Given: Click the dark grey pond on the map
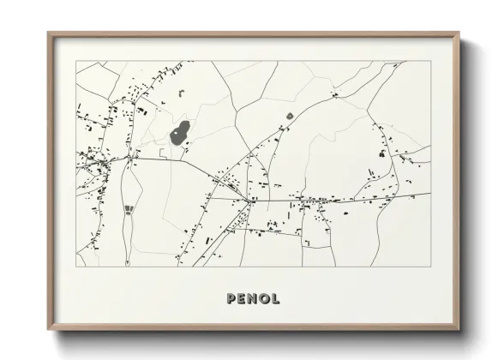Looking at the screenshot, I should (x=179, y=133).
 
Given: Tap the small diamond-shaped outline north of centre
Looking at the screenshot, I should (x=290, y=115).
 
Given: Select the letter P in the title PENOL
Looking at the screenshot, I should (x=231, y=299).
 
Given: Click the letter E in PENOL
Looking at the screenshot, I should (x=243, y=299).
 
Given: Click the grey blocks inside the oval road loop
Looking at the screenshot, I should (x=129, y=210).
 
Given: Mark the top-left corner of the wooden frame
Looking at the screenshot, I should (x=48, y=33).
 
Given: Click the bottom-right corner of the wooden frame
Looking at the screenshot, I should (x=460, y=329).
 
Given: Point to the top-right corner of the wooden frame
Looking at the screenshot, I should (x=460, y=33).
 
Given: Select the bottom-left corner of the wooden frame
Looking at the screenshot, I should (x=48, y=329).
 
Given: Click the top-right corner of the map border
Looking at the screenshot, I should (x=430, y=61).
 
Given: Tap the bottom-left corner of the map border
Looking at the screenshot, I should (x=76, y=267).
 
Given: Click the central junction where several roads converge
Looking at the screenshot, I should (x=250, y=201).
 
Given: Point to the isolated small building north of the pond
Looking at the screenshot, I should (x=181, y=92).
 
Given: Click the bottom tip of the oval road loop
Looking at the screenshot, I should (x=129, y=261).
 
